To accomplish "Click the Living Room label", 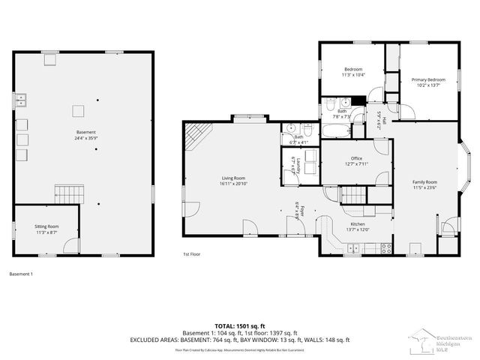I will coord(233,178).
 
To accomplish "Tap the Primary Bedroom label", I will coord(427,79).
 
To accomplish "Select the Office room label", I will coord(357,158).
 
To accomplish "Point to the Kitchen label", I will coord(358,223).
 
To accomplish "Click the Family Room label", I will coord(424,182).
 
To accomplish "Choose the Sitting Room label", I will coord(46,226).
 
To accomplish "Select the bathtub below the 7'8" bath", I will coord(334,130).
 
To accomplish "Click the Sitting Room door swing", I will coord(70,244).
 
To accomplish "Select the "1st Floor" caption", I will coord(193,254).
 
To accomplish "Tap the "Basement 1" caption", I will coord(21,274).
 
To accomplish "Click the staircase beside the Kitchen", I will coord(352,196).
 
